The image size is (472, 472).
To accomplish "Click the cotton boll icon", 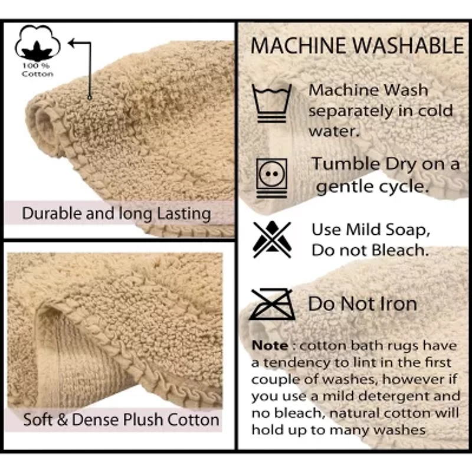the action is point(38,43).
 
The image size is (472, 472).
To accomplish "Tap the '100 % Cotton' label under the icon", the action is point(37,70).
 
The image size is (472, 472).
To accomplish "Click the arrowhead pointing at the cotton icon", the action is point(72,43).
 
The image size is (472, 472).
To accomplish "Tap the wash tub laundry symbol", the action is point(272,103).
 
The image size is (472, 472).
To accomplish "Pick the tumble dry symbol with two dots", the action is point(272,178).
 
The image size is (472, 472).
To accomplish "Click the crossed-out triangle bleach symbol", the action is point(272,240).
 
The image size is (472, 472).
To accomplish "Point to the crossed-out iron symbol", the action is point(272,304).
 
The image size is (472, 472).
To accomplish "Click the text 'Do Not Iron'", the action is point(362,304).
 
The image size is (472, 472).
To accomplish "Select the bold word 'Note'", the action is point(270,346).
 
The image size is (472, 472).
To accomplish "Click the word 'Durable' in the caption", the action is point(52,214).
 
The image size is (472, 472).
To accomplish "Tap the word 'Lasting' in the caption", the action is point(184,214).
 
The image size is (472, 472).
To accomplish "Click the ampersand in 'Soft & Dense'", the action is point(62,419).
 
